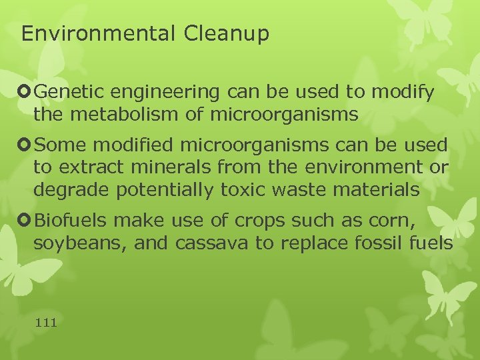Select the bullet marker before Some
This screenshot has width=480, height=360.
pyautogui.click(x=27, y=145)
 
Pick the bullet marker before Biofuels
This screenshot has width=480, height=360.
pyautogui.click(x=27, y=219)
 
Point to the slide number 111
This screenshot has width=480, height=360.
pyautogui.click(x=46, y=323)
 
